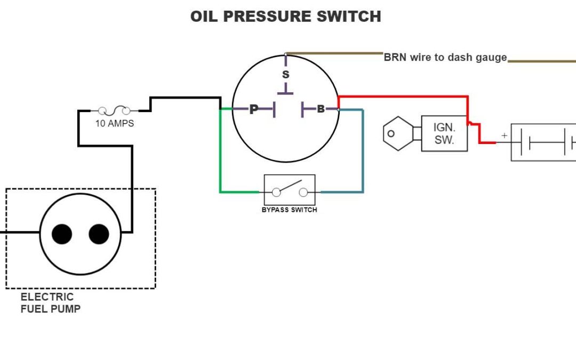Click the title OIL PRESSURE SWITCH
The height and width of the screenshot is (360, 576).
(285, 17)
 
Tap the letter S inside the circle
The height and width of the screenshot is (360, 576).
(286, 75)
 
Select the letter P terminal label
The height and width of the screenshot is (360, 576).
(254, 109)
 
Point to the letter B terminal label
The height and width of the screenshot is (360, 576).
(321, 109)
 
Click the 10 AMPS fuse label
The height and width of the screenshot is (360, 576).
(114, 124)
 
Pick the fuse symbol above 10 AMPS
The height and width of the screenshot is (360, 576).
(114, 111)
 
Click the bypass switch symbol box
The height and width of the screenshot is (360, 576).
(290, 190)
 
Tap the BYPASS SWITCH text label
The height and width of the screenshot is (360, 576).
(289, 210)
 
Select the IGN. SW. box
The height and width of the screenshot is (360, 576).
(444, 133)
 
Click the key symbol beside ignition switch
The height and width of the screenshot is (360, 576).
(398, 133)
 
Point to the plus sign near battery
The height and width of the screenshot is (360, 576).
(504, 136)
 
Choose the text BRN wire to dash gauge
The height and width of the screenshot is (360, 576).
(445, 58)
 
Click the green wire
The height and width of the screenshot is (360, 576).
(221, 155)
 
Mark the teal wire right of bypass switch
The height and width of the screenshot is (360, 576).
(363, 155)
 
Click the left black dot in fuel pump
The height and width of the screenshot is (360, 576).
(62, 234)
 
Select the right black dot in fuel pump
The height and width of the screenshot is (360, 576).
(99, 234)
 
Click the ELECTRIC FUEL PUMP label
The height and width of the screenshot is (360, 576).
(50, 303)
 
